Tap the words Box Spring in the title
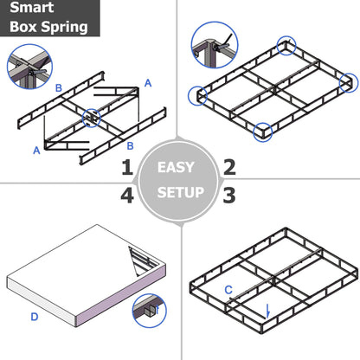coord(48,26)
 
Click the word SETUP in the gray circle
coord(180,192)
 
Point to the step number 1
coord(127,167)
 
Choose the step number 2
coord(229,167)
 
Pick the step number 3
coord(229,195)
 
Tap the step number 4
coord(127,195)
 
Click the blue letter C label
coord(228,290)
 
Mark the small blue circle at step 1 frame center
coord(90,115)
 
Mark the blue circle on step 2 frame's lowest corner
coord(262,132)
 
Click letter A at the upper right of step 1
coord(148,83)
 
